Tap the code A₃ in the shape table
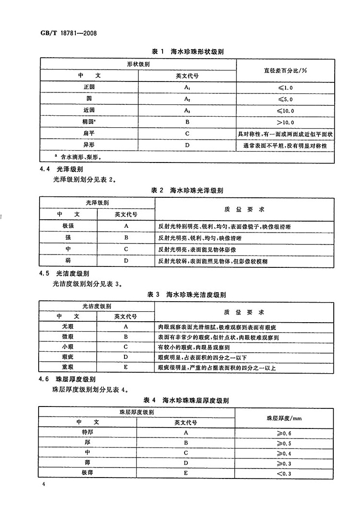[x=187, y=111]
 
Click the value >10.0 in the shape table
[x=285, y=122]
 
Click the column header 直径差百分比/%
[x=285, y=70]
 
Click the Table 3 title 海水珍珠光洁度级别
[x=189, y=295]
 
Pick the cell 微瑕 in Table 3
[x=69, y=337]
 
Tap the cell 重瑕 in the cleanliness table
[x=69, y=367]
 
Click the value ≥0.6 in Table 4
[x=285, y=433]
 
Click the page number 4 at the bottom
[x=43, y=485]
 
